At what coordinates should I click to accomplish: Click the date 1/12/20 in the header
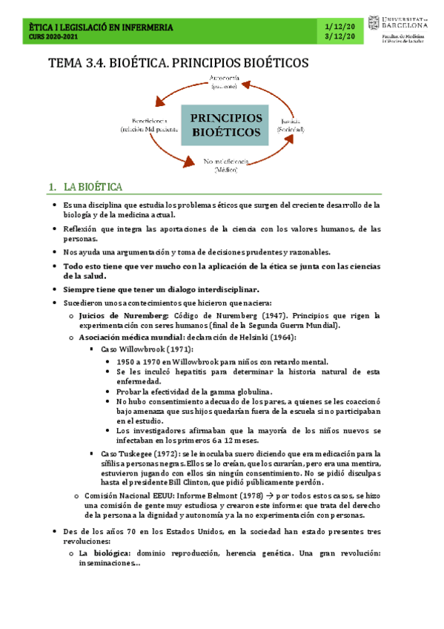tap(339, 27)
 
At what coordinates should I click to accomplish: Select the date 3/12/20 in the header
tap(339, 37)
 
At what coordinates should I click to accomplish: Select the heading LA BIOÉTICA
tap(93, 186)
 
